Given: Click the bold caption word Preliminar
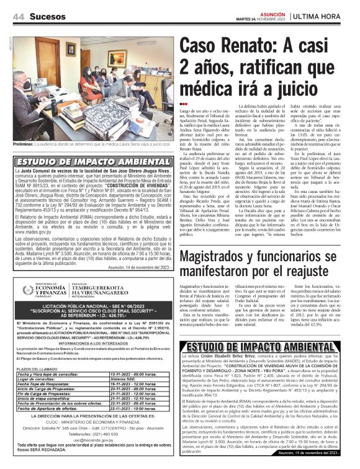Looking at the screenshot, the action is pos(25,144).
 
